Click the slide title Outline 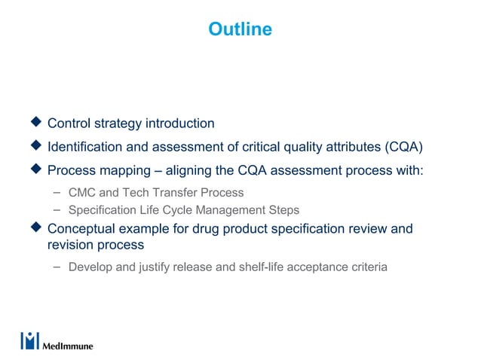(240, 29)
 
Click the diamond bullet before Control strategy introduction (34, 123)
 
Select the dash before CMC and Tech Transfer (57, 192)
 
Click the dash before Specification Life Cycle (57, 209)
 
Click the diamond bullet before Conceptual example (34, 227)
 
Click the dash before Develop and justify (57, 266)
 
